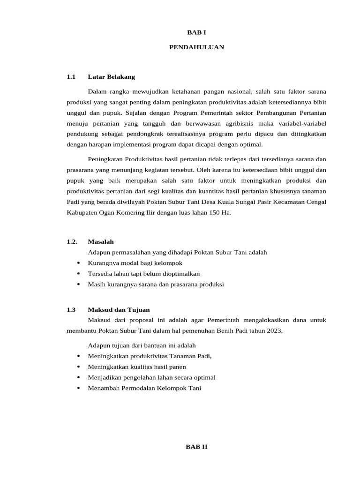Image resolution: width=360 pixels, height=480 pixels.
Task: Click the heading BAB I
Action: [x=196, y=32]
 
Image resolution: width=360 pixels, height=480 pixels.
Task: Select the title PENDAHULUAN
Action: [x=196, y=47]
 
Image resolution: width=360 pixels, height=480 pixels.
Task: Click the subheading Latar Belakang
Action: [x=111, y=76]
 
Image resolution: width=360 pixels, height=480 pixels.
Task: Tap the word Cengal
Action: [x=315, y=202]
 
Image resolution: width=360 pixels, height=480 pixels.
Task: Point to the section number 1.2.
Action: [x=71, y=241]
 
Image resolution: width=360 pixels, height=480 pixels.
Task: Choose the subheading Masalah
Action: [x=100, y=241]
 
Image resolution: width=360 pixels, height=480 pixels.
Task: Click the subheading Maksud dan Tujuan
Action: [x=119, y=309]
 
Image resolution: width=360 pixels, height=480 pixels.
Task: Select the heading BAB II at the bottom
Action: [x=196, y=447]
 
